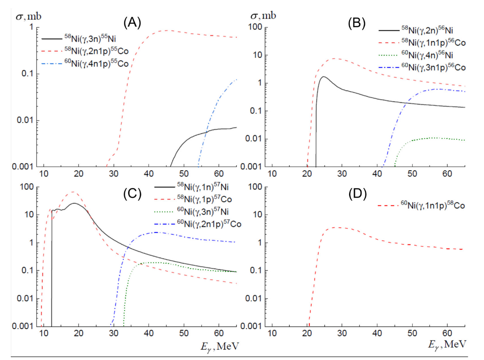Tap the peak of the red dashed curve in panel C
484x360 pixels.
click(x=73, y=192)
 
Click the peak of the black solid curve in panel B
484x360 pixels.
click(x=324, y=76)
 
